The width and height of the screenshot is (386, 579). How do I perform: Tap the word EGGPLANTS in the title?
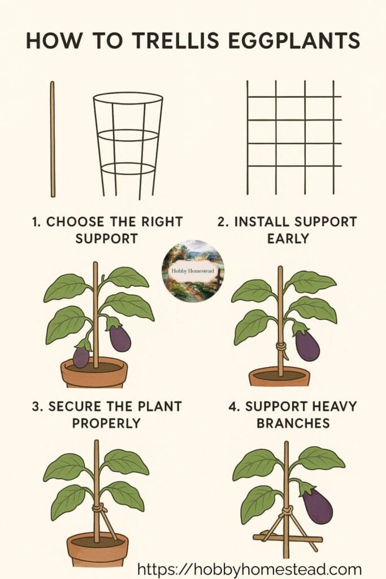[294, 40]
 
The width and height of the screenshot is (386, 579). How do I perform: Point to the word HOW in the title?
[53, 40]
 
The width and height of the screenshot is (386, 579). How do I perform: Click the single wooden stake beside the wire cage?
[53, 139]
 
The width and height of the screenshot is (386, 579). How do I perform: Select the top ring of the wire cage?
[128, 93]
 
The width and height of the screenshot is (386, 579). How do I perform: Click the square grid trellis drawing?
[294, 137]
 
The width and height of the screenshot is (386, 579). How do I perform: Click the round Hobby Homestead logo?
[193, 271]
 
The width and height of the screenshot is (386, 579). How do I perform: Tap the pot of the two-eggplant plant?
[94, 373]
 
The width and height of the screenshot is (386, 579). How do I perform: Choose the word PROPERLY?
[106, 423]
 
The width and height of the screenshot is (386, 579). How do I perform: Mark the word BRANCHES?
[293, 423]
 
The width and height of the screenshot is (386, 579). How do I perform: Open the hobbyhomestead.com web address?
[249, 569]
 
